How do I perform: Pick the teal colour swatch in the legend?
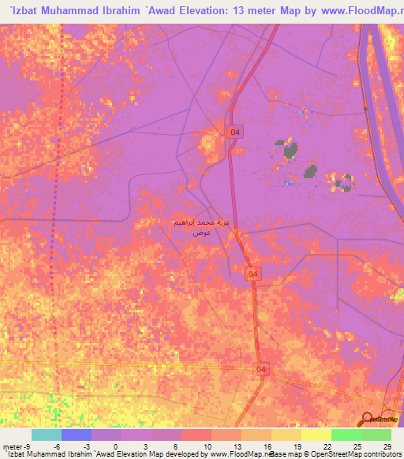pyautogui.click(x=47, y=435)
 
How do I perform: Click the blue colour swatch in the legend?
pyautogui.click(x=77, y=435)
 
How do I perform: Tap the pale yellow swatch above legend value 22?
pyautogui.click(x=316, y=435)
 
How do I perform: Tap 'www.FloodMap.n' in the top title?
pyautogui.click(x=360, y=11)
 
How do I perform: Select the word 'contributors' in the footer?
pyautogui.click(x=380, y=455)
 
